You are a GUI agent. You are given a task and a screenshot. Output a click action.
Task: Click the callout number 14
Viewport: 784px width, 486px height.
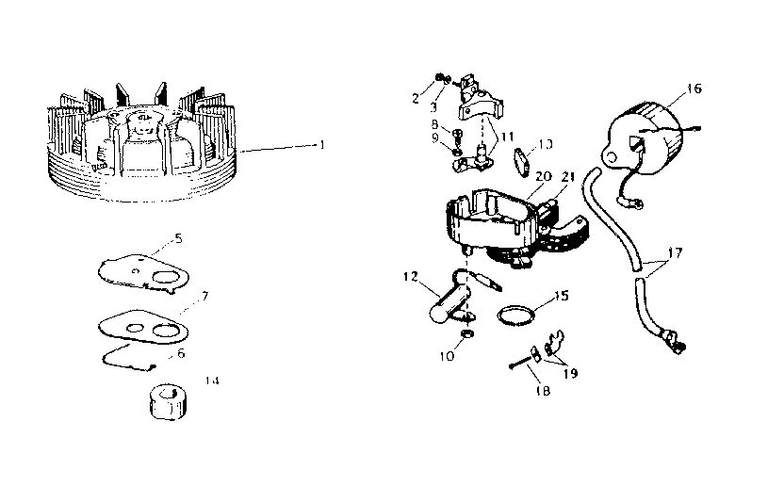point(212,381)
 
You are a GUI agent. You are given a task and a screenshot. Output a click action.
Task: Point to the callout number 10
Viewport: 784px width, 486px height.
point(446,357)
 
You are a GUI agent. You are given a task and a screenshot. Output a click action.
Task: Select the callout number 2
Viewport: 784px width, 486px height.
point(416,97)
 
